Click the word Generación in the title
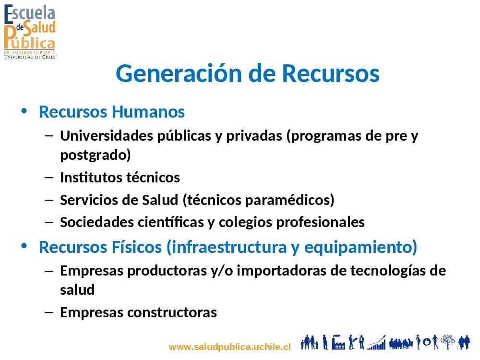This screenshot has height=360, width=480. click(x=179, y=73)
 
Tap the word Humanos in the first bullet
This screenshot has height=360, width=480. click(x=148, y=111)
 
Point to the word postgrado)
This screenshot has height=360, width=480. click(x=96, y=155)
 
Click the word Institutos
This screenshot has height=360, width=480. click(x=91, y=178)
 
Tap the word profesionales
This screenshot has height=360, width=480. click(x=320, y=223)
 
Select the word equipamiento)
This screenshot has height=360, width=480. click(x=360, y=247)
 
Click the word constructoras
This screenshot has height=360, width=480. click(x=172, y=312)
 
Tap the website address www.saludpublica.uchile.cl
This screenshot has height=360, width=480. click(x=229, y=347)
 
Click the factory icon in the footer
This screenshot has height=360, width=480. click(x=338, y=342)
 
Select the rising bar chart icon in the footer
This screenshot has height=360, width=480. click(x=376, y=343)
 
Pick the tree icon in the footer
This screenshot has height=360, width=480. click(x=447, y=342)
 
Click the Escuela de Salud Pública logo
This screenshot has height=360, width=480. click(x=30, y=31)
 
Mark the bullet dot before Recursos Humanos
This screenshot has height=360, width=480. click(x=24, y=111)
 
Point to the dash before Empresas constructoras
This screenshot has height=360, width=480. click(x=49, y=312)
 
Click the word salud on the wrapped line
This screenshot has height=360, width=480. click(x=77, y=289)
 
